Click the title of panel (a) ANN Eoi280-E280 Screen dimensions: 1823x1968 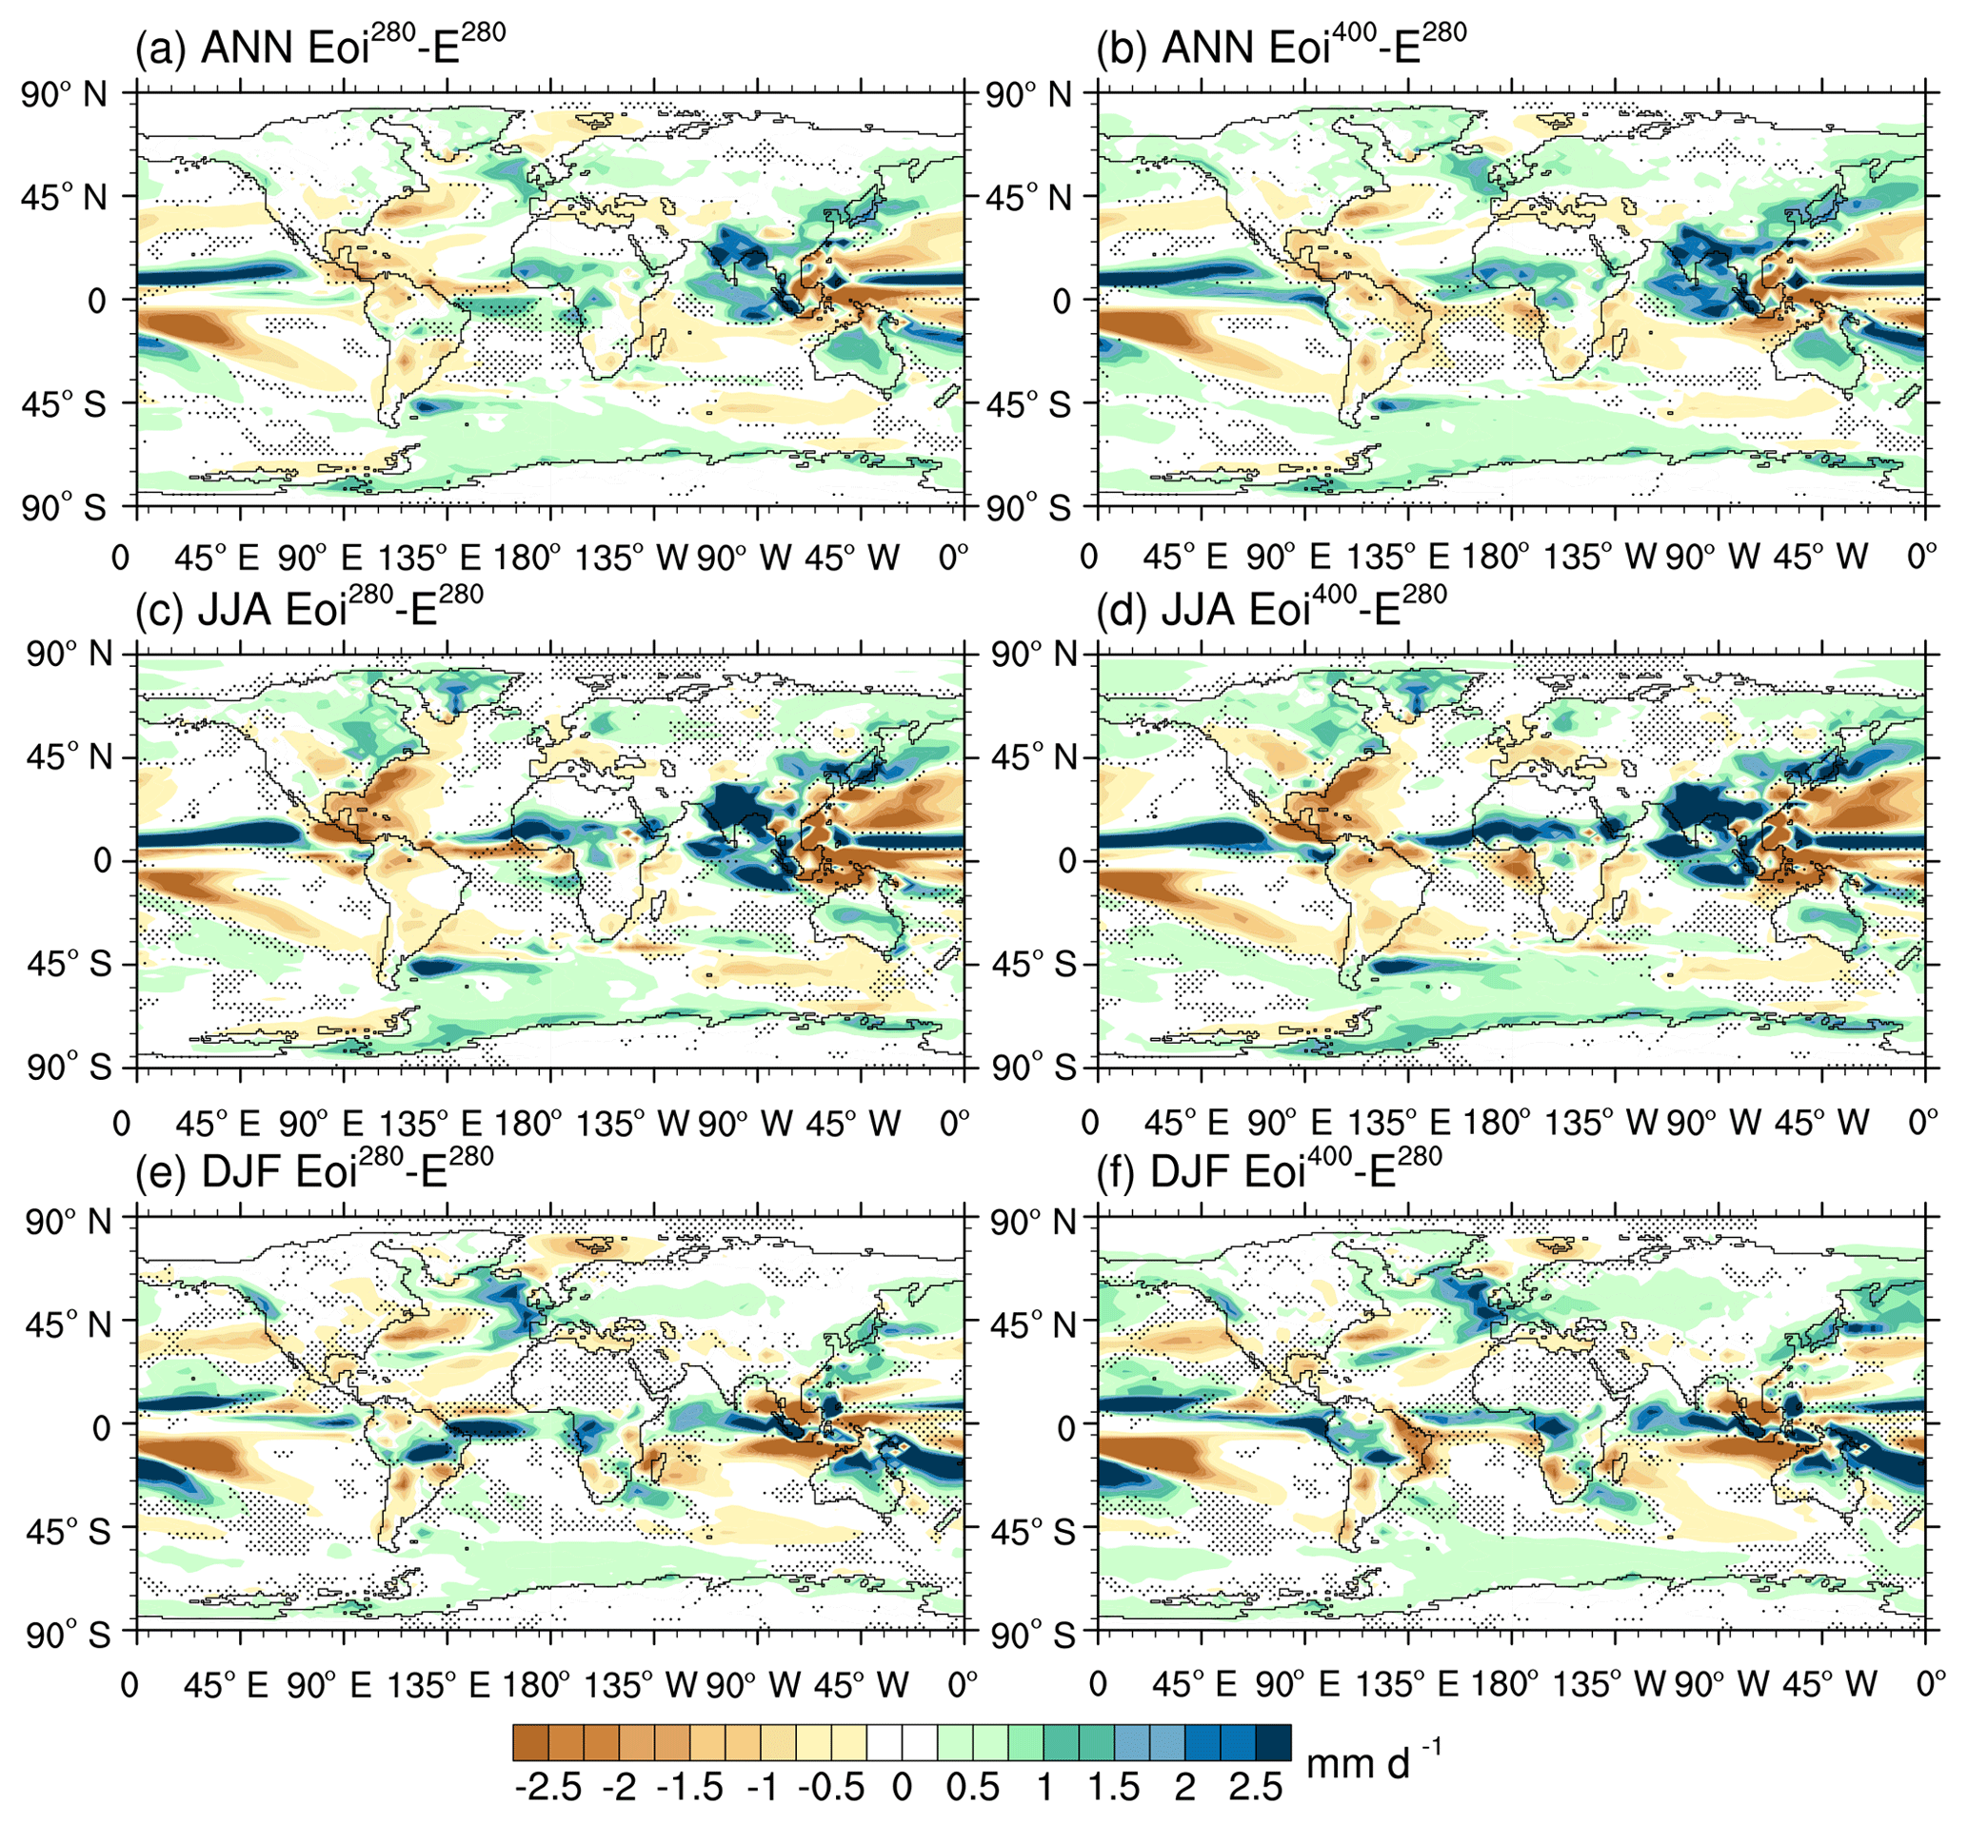click(321, 47)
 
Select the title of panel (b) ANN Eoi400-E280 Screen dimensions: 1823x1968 click(1282, 47)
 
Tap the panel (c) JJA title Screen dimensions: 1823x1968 click(308, 608)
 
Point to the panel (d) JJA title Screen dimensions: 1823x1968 click(1271, 608)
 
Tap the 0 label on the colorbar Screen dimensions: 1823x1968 click(900, 1788)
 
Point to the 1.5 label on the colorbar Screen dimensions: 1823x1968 click(1114, 1788)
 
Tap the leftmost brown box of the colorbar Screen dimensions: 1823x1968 click(530, 1742)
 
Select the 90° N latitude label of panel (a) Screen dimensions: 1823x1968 click(65, 95)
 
